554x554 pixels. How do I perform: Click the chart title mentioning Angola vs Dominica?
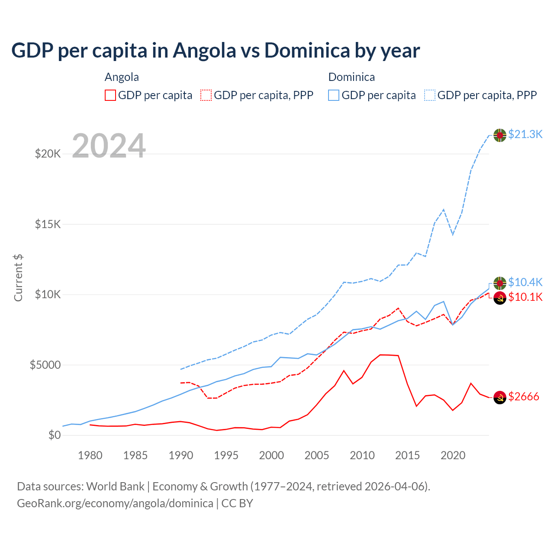point(216,50)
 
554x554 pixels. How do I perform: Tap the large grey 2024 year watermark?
point(109,146)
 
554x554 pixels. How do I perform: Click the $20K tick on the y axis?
point(48,154)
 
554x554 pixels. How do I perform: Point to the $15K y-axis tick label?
point(48,224)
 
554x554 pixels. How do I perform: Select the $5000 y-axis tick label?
point(45,365)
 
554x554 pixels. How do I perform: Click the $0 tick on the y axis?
point(54,435)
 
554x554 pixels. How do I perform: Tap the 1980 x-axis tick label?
point(90,455)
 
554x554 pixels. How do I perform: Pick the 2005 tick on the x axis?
point(317,455)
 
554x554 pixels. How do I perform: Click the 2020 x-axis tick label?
point(453,455)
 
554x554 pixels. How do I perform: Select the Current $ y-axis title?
point(18,278)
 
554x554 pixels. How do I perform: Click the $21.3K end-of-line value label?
point(525,134)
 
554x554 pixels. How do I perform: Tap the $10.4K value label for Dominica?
point(525,282)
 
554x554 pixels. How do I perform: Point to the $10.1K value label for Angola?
point(525,297)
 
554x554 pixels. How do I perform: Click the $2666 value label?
point(523,396)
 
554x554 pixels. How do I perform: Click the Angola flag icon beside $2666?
point(500,397)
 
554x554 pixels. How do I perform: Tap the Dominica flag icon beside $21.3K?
point(500,135)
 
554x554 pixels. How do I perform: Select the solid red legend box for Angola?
point(110,95)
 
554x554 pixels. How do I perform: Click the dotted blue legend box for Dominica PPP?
point(430,95)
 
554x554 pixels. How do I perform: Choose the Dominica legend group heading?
point(351,77)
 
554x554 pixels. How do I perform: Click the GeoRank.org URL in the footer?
point(115,503)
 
